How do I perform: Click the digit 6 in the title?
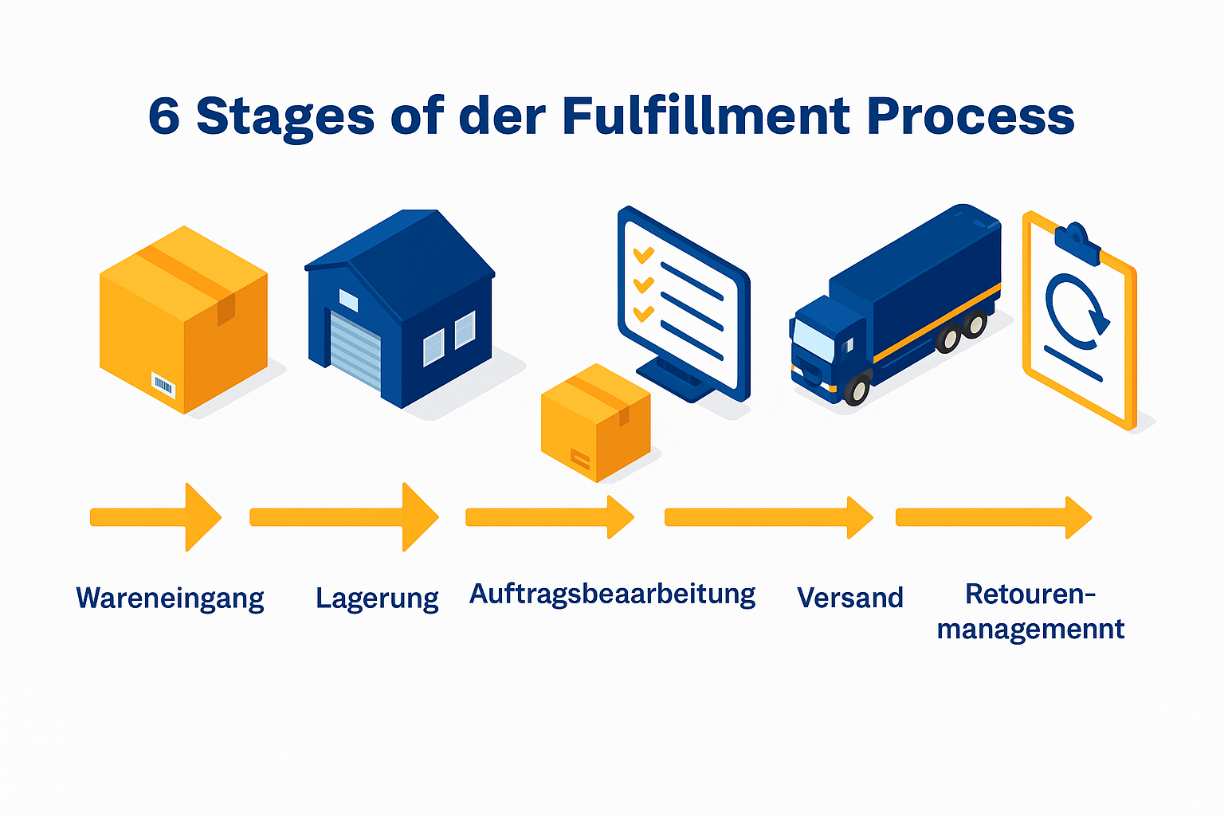[x=164, y=116]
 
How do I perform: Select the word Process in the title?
[x=970, y=116]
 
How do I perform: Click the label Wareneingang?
[x=170, y=598]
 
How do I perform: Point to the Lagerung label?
[x=377, y=598]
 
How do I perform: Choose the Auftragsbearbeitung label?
[x=612, y=594]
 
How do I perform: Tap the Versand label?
[x=850, y=598]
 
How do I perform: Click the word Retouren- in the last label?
[x=1030, y=594]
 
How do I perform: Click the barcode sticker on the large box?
[x=163, y=386]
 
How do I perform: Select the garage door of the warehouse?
[x=356, y=351]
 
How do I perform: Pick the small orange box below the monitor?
[x=595, y=422]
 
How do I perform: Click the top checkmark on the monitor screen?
[x=643, y=255]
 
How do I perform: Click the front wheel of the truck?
[x=857, y=390]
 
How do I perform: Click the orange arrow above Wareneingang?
[x=156, y=517]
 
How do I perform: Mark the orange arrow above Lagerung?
[x=344, y=517]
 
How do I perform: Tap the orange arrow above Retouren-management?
[x=993, y=517]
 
